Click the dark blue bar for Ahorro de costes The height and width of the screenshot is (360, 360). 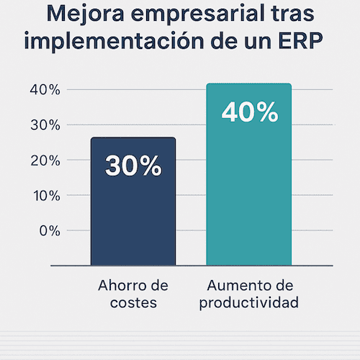133,202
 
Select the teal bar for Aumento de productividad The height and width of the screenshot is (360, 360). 249,174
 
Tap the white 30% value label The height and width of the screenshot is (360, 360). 133,166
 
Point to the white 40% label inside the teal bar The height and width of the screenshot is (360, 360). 250,112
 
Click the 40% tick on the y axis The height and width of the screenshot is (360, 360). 45,90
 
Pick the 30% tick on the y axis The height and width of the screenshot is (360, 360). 45,125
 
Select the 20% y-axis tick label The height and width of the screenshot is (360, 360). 45,161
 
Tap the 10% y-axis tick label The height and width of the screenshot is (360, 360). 47,196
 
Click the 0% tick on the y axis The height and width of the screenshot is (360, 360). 50,231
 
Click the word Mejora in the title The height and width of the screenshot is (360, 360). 86,14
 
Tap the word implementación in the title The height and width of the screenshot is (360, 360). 114,40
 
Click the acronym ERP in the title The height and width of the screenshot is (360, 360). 300,40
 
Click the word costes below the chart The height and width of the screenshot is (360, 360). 133,302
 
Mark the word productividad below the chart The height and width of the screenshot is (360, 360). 249,303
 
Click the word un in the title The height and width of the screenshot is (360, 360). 258,42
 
